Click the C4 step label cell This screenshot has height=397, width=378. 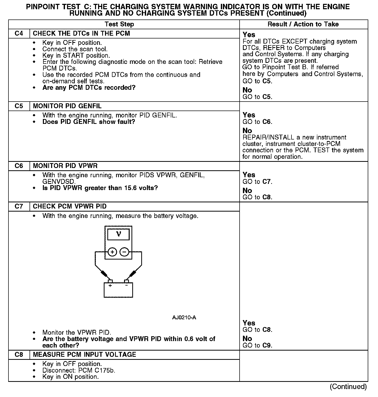coord(19,34)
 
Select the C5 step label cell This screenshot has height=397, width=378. coord(19,106)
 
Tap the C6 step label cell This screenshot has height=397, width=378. coord(19,166)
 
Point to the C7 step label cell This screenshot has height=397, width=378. coord(19,206)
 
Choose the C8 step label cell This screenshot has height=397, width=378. coord(19,355)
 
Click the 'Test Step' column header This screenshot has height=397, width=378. coord(119,24)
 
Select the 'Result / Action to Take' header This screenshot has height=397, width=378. coord(303,24)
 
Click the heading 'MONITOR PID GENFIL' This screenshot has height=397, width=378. coord(67,106)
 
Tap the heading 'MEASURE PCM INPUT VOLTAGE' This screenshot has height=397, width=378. coord(84,355)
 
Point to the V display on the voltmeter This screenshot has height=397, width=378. coord(118,234)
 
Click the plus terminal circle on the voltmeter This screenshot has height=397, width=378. coord(112,252)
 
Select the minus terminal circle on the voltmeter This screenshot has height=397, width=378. coord(124,252)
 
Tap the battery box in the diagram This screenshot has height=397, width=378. coord(118,290)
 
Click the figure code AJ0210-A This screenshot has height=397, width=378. coord(184,318)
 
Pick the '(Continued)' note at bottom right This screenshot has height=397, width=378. coord(348,386)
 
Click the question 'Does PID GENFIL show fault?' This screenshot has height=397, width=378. coord(89,122)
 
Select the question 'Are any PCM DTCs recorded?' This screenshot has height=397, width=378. coord(89,88)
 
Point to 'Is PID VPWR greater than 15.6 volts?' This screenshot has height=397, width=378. coord(100,188)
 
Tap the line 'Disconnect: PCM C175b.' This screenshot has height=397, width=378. coord(79,371)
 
